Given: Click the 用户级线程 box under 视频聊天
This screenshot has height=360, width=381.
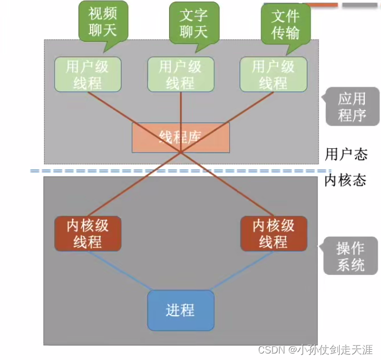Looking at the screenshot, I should click(x=88, y=75).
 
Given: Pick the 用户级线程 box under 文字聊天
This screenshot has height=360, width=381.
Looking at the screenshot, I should click(x=180, y=75).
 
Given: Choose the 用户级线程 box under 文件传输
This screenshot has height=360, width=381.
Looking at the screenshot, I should click(x=273, y=75).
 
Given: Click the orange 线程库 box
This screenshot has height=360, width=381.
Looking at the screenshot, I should click(x=180, y=137).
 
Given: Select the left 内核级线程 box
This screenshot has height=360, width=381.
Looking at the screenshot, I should click(x=88, y=233).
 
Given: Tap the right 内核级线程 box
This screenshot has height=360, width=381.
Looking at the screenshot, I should click(x=273, y=233).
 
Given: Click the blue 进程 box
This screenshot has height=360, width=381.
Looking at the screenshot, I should click(x=180, y=310).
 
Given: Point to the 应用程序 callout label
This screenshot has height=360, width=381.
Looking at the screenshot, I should click(x=351, y=107).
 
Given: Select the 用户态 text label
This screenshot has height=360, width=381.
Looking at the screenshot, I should click(x=346, y=154).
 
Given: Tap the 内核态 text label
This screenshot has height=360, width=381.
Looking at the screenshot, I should click(x=345, y=180).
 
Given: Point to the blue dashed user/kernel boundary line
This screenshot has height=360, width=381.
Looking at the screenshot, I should click(x=163, y=171).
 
